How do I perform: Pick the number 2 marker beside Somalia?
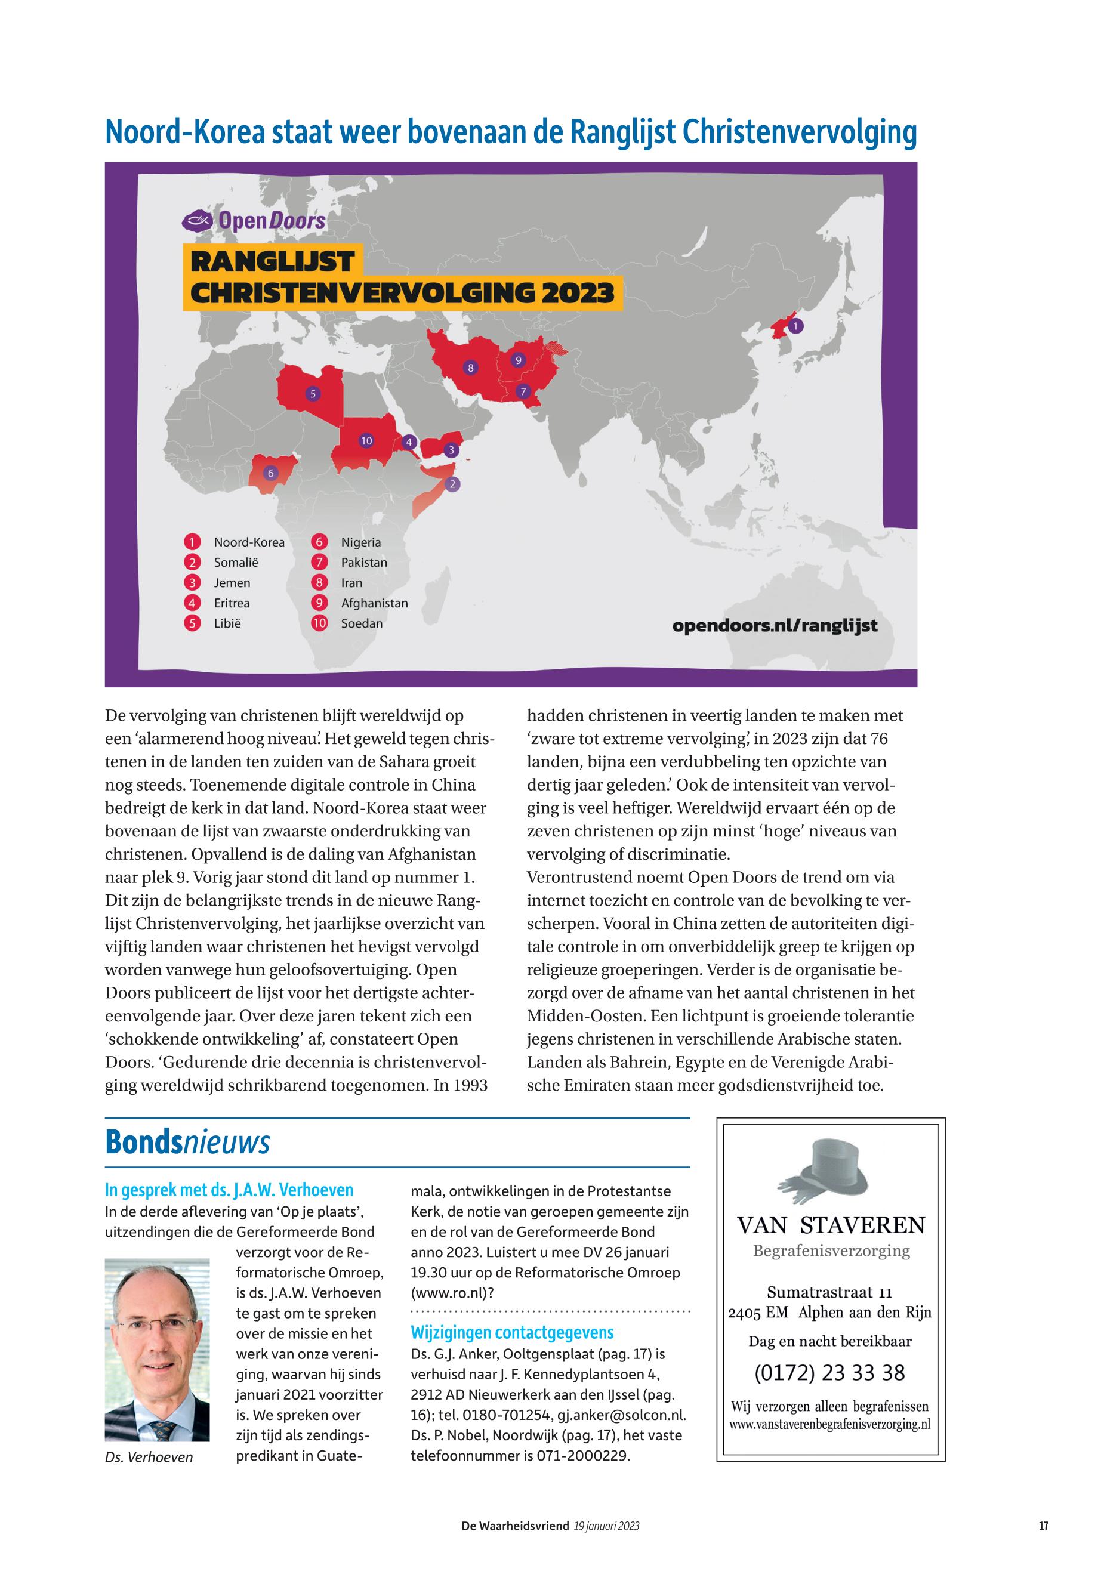[x=452, y=484]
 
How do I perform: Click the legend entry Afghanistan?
[x=374, y=603]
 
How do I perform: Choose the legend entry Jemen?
[x=232, y=583]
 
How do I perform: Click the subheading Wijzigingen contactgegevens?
[x=512, y=1332]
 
